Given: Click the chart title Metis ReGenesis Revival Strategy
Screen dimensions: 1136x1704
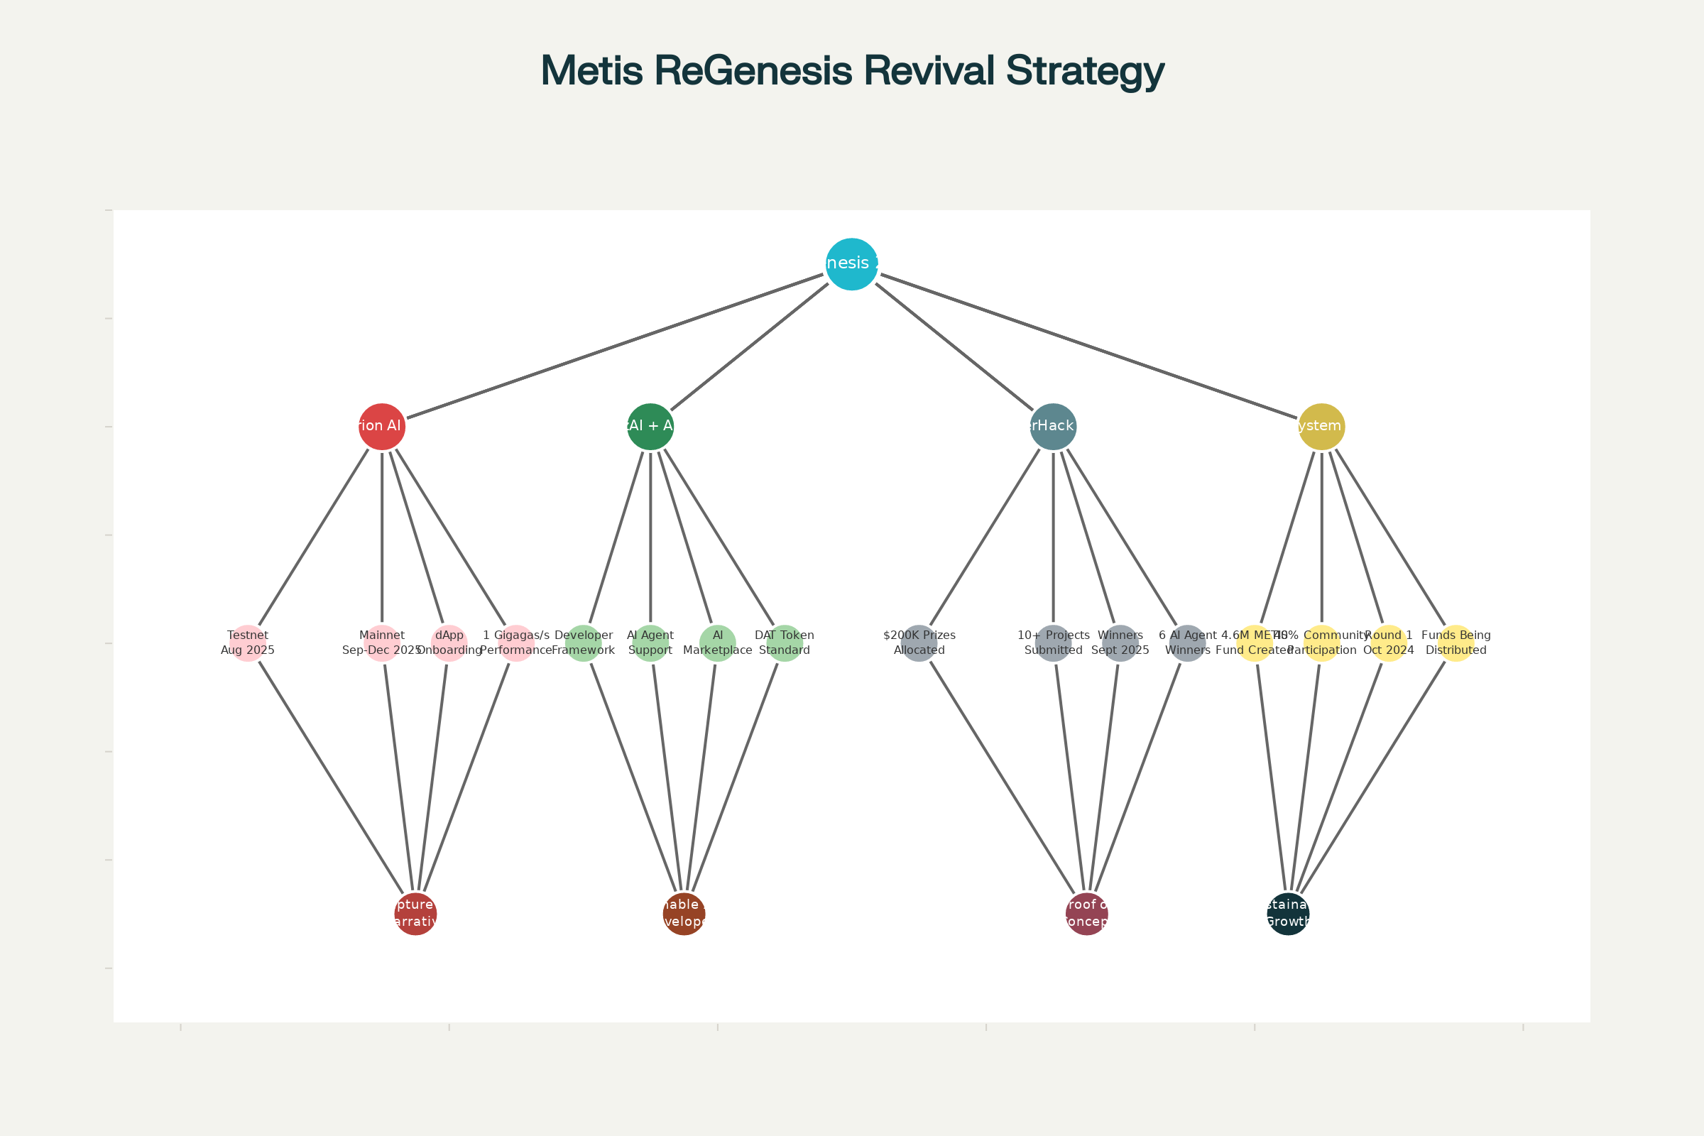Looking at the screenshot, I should click(x=852, y=71).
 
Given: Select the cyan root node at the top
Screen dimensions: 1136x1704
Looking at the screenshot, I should click(x=852, y=263).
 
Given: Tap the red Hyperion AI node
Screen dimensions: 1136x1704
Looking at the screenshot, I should click(x=382, y=427).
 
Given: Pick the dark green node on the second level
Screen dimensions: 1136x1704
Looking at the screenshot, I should click(x=650, y=427).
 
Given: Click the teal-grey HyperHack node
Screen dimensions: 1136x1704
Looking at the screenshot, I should click(x=1054, y=427).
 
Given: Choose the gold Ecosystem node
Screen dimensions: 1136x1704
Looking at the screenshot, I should click(x=1322, y=427).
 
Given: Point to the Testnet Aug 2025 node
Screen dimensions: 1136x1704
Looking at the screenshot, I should click(x=248, y=643).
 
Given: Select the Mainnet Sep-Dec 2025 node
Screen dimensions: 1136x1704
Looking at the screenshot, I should click(x=382, y=643).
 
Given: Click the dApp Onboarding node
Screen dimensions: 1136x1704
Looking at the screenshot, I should click(x=449, y=643).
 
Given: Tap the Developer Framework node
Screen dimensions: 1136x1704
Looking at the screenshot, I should click(x=583, y=643).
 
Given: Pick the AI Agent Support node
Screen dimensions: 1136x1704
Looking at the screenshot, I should click(x=650, y=643).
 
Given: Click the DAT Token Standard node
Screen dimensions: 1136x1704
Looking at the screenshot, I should click(x=785, y=643).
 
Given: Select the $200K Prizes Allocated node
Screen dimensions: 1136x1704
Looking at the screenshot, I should click(x=919, y=643).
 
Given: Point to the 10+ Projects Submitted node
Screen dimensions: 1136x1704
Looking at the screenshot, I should click(x=1054, y=643).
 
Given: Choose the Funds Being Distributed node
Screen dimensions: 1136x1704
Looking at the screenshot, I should click(x=1456, y=643).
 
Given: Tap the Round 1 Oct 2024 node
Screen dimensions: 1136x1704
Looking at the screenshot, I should click(x=1389, y=643).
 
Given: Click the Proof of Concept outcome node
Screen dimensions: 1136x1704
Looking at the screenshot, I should click(x=1087, y=914).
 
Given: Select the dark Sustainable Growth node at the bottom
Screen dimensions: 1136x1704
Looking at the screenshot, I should click(x=1288, y=914).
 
